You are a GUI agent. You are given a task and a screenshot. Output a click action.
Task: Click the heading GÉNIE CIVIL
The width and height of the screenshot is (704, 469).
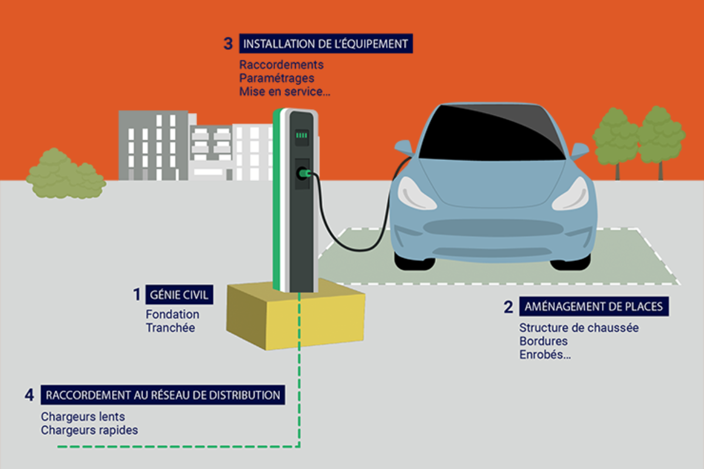(178, 294)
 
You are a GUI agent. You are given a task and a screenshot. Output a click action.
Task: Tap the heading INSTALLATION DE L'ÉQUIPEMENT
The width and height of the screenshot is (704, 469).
(325, 44)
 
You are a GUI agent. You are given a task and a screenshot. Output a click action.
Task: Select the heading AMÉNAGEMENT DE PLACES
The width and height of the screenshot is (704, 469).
(594, 306)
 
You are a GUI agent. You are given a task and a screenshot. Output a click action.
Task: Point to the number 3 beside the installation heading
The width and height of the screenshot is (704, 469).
(228, 44)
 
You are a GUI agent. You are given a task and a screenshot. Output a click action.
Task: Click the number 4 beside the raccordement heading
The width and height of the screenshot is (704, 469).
(29, 395)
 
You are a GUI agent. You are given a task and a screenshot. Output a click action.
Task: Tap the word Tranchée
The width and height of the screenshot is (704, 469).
(170, 328)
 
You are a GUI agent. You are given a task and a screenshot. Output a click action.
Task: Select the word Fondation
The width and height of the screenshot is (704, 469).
(172, 315)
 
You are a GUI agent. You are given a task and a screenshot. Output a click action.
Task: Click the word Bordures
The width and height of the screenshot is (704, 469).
(543, 341)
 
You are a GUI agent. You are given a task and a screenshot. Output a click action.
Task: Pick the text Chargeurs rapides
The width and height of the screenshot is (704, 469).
(90, 430)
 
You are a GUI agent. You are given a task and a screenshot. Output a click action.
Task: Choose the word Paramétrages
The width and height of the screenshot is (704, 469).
(276, 78)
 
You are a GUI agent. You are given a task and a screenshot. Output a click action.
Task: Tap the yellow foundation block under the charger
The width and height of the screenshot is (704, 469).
(296, 320)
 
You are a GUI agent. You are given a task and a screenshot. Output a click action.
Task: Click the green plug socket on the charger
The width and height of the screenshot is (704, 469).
(303, 173)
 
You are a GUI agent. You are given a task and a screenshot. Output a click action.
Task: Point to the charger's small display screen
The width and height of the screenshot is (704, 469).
(302, 135)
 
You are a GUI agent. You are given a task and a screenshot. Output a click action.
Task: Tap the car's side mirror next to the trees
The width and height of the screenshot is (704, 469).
(579, 151)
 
